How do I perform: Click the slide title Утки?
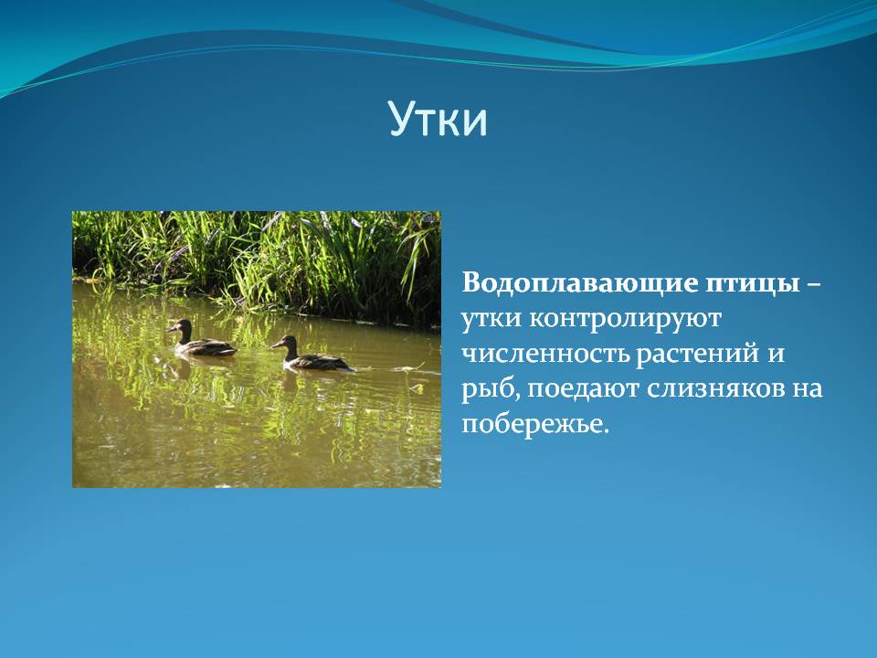pyautogui.click(x=438, y=119)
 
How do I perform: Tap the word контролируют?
pyautogui.click(x=625, y=320)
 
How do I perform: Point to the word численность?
pyautogui.click(x=544, y=355)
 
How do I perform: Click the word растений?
pyautogui.click(x=697, y=356)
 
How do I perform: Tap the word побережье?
pyautogui.click(x=534, y=424)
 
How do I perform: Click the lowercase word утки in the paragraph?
pyautogui.click(x=491, y=320)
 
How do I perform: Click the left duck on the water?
pyautogui.click(x=201, y=339)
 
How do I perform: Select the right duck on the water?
pyautogui.click(x=312, y=355)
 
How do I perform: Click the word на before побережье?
pyautogui.click(x=808, y=390)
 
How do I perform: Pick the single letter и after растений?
pyautogui.click(x=776, y=356)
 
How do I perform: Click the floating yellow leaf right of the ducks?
pyautogui.click(x=417, y=387)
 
